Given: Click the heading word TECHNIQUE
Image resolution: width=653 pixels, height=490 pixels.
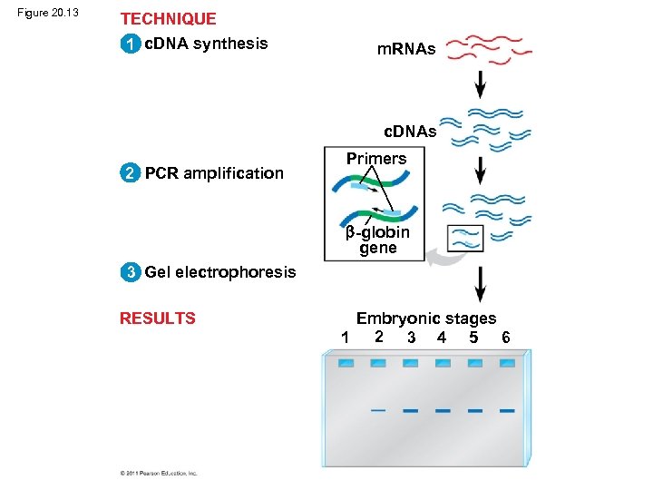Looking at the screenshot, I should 168,19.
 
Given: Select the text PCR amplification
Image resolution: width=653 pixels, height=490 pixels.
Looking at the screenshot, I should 214,173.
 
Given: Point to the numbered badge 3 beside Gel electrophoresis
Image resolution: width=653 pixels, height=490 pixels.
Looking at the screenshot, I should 132,271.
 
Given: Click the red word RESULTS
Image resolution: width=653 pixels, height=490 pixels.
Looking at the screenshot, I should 158,318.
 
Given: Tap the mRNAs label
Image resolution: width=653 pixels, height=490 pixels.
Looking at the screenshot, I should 406,50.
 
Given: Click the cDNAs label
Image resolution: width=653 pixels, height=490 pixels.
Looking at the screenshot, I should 410,132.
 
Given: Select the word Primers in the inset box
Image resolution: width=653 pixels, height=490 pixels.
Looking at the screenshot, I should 375,159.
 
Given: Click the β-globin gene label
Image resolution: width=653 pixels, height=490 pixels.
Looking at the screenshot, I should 377,240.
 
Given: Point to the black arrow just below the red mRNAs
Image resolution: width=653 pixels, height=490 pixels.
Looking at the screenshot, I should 480,85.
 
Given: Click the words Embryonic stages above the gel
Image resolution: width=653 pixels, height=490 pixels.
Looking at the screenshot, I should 425,318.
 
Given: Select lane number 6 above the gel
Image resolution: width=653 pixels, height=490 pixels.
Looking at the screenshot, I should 505,338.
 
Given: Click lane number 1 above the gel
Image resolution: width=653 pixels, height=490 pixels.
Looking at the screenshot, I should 345,338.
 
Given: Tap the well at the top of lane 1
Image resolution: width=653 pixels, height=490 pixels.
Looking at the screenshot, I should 346,363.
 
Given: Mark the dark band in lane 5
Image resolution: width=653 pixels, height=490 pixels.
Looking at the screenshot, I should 474,410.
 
